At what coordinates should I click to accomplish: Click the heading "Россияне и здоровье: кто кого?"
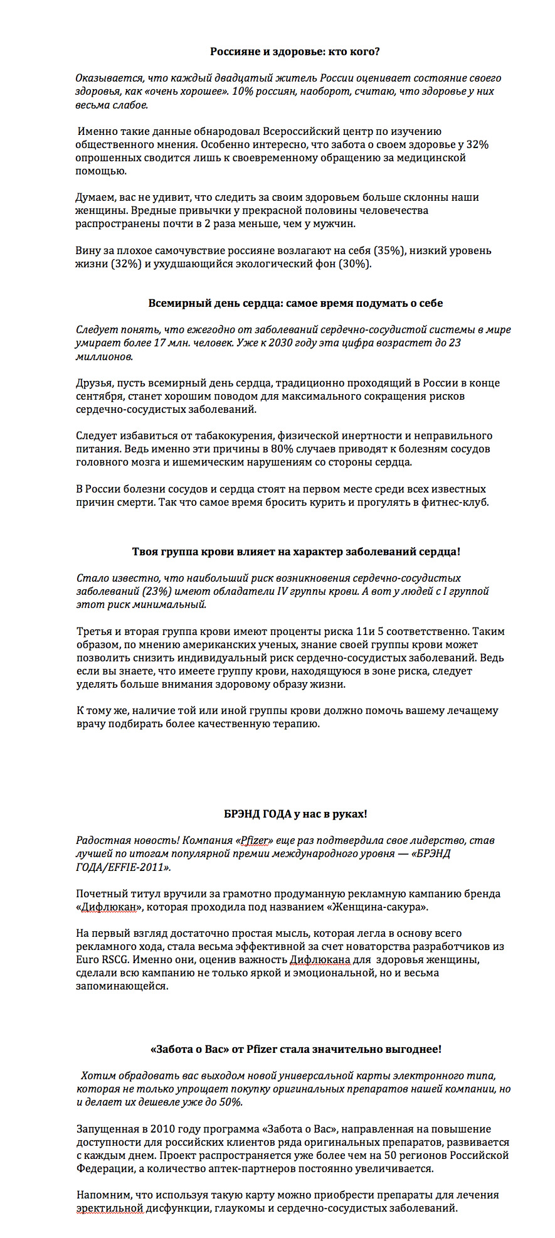(x=295, y=51)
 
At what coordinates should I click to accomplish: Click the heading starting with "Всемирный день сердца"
(x=295, y=303)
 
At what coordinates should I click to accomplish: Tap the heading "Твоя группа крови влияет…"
(x=296, y=552)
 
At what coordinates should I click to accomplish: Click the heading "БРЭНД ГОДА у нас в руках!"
(x=295, y=814)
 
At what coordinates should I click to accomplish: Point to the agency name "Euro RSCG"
(x=100, y=960)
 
